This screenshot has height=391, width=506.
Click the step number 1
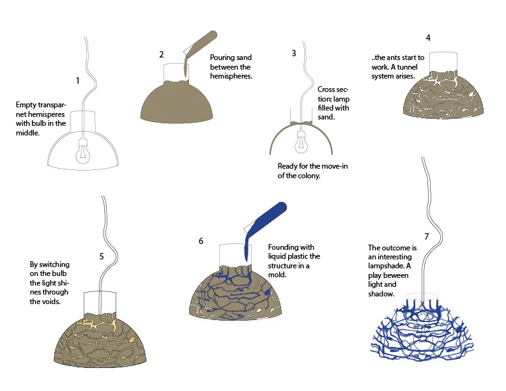[x=77, y=81]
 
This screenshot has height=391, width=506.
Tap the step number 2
[x=162, y=54]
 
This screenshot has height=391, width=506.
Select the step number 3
[x=294, y=53]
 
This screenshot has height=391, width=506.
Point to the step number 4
[x=428, y=38]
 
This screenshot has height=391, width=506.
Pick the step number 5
[x=101, y=256]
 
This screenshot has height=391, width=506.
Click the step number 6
[x=201, y=241]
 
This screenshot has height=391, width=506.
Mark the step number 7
[x=426, y=236]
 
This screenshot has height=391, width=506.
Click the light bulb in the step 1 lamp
[x=82, y=151]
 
